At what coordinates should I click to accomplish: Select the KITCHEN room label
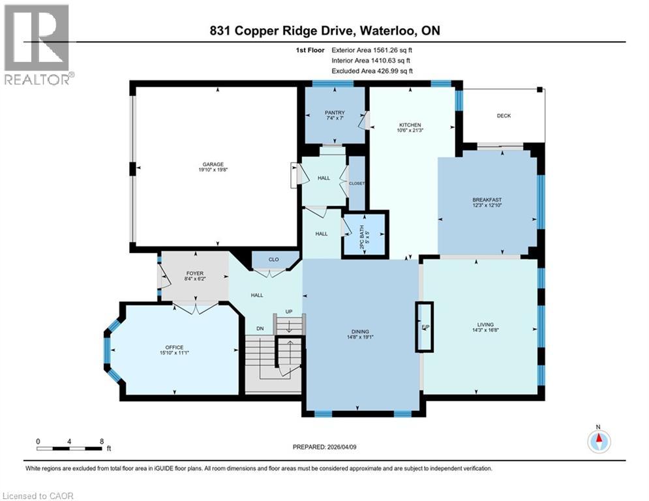410,125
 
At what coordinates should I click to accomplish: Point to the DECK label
504,116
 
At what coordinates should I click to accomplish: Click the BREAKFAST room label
487,200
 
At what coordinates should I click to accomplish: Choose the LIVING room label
485,324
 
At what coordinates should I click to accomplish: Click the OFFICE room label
174,347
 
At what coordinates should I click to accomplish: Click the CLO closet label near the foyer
273,260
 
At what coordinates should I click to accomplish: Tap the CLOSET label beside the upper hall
356,183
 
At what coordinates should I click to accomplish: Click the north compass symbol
597,441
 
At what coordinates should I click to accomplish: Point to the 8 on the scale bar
101,441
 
